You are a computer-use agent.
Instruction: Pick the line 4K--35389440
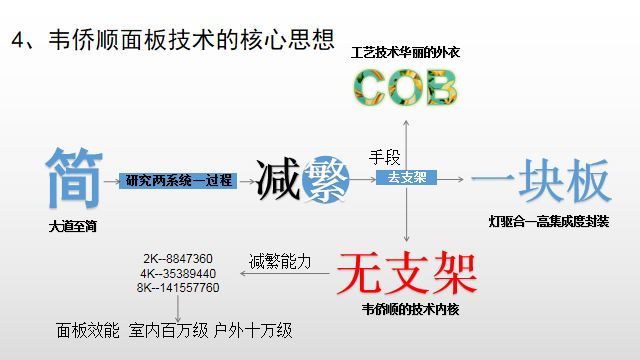pos(179,273)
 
